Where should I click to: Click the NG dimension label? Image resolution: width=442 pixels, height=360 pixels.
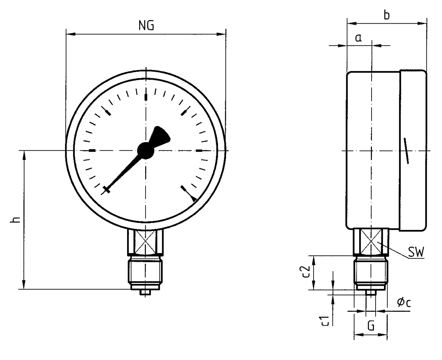[146, 26]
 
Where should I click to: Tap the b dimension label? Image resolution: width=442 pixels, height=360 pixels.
[387, 15]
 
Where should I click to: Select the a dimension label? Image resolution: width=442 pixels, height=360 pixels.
[358, 38]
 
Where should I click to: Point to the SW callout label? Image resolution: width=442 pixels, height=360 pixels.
[416, 253]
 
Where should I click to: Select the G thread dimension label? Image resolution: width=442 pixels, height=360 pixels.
[371, 326]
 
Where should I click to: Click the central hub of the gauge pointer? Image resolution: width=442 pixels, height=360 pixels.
[146, 150]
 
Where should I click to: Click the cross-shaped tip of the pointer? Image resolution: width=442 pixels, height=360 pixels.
[106, 189]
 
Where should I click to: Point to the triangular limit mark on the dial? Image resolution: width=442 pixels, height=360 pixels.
[194, 199]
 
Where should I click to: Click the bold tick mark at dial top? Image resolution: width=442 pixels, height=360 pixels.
[146, 97]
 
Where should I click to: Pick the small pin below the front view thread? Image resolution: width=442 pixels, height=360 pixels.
[145, 293]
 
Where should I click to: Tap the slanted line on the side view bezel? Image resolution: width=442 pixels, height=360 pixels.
[406, 150]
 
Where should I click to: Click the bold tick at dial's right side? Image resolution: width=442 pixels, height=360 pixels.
[199, 151]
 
